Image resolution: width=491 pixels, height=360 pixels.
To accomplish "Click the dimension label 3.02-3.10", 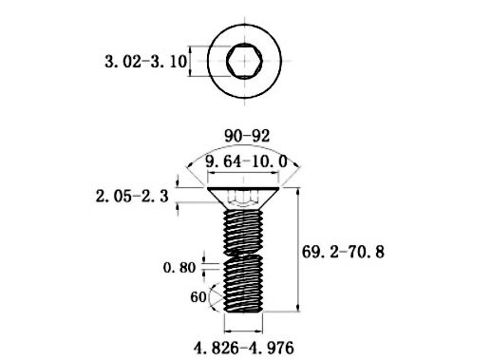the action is (146, 62).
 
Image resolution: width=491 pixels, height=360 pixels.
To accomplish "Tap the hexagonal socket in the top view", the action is (244, 61).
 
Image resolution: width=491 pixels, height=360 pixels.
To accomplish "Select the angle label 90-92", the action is (247, 136).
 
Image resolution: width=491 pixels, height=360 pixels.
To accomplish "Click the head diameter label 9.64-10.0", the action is (246, 161).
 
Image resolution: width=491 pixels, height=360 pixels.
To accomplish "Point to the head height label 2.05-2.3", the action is (132, 197).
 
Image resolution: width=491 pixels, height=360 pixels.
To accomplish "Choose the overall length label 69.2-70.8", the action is (343, 252).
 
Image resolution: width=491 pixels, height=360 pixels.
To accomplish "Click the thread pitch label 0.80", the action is (179, 268).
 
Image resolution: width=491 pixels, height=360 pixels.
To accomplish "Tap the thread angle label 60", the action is (198, 297).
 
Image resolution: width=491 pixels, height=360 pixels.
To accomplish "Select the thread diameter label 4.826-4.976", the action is (244, 349).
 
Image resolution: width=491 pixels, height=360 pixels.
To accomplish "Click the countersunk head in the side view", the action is (243, 198).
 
